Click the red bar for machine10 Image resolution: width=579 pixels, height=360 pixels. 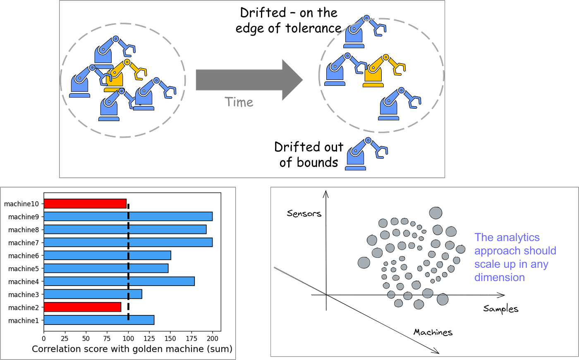(85, 204)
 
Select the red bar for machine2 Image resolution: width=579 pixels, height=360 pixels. (82, 307)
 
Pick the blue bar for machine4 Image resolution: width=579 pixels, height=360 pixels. (119, 281)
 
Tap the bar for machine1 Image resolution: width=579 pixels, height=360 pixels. (99, 320)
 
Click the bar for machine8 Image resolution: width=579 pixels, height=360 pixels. (125, 229)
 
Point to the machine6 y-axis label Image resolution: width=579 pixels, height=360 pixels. (24, 256)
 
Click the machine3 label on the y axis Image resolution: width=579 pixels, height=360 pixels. (24, 295)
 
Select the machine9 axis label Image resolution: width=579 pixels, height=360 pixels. (24, 217)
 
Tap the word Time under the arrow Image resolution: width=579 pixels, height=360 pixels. (239, 102)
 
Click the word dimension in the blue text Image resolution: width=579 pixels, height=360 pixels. (499, 277)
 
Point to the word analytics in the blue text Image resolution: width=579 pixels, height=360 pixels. (519, 238)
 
